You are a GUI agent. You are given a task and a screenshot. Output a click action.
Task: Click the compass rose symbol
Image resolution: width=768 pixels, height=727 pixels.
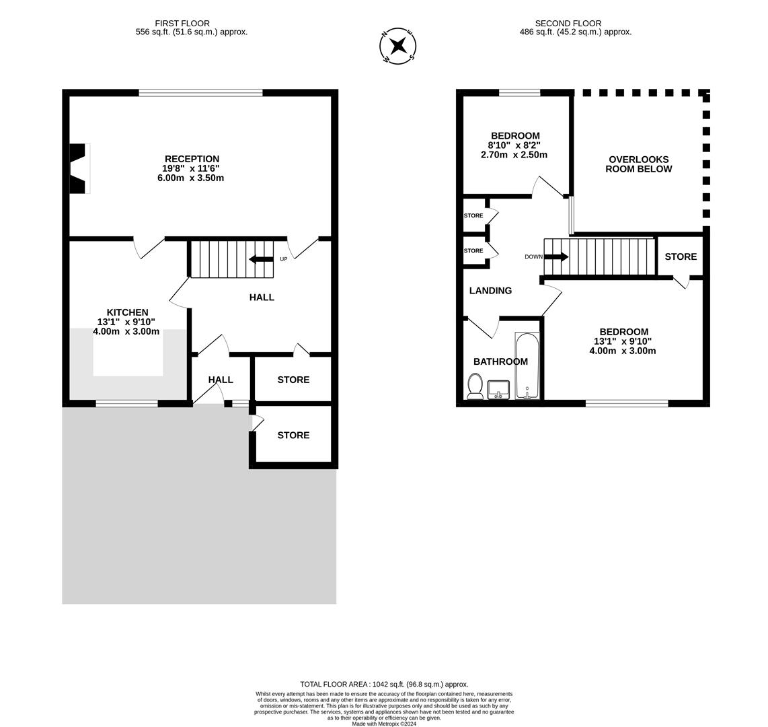[x=397, y=46]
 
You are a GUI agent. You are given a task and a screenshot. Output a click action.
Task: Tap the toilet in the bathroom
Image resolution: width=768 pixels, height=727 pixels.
[x=475, y=386]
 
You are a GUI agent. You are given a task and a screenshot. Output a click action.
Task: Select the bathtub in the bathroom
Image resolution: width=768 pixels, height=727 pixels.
[x=527, y=366]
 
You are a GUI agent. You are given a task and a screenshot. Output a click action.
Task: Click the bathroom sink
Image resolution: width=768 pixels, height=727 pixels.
[x=498, y=390]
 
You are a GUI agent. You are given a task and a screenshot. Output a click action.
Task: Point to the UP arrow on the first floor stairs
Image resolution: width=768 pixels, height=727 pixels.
[x=261, y=259]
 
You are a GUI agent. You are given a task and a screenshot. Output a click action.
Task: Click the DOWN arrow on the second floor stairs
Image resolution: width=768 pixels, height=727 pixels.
[x=556, y=257]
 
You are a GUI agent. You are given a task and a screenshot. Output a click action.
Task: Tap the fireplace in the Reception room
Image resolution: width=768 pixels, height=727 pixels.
[x=80, y=168]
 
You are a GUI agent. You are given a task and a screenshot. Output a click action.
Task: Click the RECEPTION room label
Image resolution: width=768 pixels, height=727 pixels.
[x=192, y=159]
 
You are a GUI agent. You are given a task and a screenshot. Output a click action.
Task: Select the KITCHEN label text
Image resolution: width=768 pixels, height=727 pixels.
[x=127, y=312]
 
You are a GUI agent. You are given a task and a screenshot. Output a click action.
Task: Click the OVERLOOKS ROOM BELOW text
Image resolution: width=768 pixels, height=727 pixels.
[x=639, y=164]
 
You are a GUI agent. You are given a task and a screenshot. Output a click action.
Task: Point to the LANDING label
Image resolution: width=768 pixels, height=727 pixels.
[x=490, y=291]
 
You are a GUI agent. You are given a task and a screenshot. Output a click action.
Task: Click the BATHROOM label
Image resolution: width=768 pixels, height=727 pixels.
[x=500, y=361]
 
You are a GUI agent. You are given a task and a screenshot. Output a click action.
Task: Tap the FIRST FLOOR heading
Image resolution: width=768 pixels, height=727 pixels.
[x=182, y=23]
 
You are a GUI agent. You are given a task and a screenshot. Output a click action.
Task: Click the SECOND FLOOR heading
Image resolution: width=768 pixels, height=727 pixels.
[x=568, y=23]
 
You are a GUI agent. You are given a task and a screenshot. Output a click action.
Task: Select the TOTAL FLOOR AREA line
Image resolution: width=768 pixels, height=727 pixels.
[x=385, y=685]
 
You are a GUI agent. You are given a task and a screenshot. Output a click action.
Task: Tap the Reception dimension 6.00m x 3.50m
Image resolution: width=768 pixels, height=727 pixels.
[x=190, y=178]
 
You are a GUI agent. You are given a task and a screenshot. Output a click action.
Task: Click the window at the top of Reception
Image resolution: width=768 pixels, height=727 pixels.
[x=201, y=92]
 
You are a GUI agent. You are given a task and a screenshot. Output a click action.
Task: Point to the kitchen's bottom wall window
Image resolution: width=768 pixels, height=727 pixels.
[x=127, y=403]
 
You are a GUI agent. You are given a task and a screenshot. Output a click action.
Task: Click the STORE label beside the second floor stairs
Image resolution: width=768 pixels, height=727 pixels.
[x=681, y=257]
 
